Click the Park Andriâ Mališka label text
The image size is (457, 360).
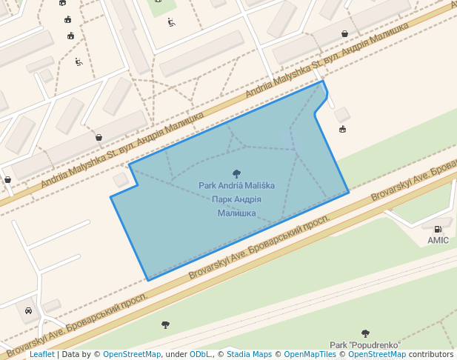coord(236,185)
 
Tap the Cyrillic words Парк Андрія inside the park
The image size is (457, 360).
coord(236,199)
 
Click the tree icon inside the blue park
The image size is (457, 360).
coord(236,173)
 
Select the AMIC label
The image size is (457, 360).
coord(438,240)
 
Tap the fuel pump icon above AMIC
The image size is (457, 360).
coord(438,230)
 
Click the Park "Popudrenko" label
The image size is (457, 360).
coord(365,344)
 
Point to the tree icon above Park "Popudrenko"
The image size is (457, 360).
coord(365,333)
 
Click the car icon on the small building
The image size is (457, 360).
coord(28,310)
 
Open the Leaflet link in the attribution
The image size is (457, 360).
coord(41,355)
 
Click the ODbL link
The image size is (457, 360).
coord(200,355)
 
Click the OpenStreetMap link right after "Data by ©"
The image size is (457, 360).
coord(132,355)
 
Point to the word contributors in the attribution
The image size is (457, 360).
coord(431,355)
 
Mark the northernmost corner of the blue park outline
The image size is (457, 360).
coord(322,81)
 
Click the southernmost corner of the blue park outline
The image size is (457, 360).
coord(148,281)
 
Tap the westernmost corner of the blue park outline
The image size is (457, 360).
coord(110,197)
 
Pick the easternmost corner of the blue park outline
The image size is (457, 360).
coord(349,193)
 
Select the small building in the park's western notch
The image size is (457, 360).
coord(121,179)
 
